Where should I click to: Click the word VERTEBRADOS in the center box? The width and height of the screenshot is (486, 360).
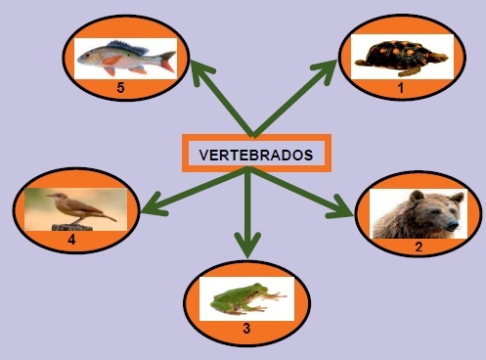[256, 156]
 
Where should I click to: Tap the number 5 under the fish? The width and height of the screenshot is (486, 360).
[120, 88]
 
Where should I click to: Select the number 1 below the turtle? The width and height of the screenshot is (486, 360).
[401, 88]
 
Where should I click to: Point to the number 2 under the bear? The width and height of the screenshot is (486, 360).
[419, 247]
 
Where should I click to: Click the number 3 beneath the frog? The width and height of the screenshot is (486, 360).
[246, 329]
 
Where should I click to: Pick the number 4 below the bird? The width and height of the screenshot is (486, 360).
[71, 240]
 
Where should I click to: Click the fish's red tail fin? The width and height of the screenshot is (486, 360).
[168, 62]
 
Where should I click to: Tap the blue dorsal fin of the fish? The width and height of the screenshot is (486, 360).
[128, 47]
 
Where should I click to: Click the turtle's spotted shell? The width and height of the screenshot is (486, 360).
[399, 54]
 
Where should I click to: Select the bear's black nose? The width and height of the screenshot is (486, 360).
[452, 224]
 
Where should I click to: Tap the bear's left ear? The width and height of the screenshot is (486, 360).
[417, 196]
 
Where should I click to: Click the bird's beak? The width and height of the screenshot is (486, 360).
[50, 196]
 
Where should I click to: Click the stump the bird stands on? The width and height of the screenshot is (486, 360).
[72, 227]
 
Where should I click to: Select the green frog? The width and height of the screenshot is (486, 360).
[246, 298]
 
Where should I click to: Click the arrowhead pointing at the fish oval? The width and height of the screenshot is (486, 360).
[200, 72]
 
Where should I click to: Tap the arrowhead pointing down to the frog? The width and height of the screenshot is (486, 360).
[247, 245]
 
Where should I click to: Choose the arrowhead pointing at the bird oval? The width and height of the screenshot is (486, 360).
[155, 206]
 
